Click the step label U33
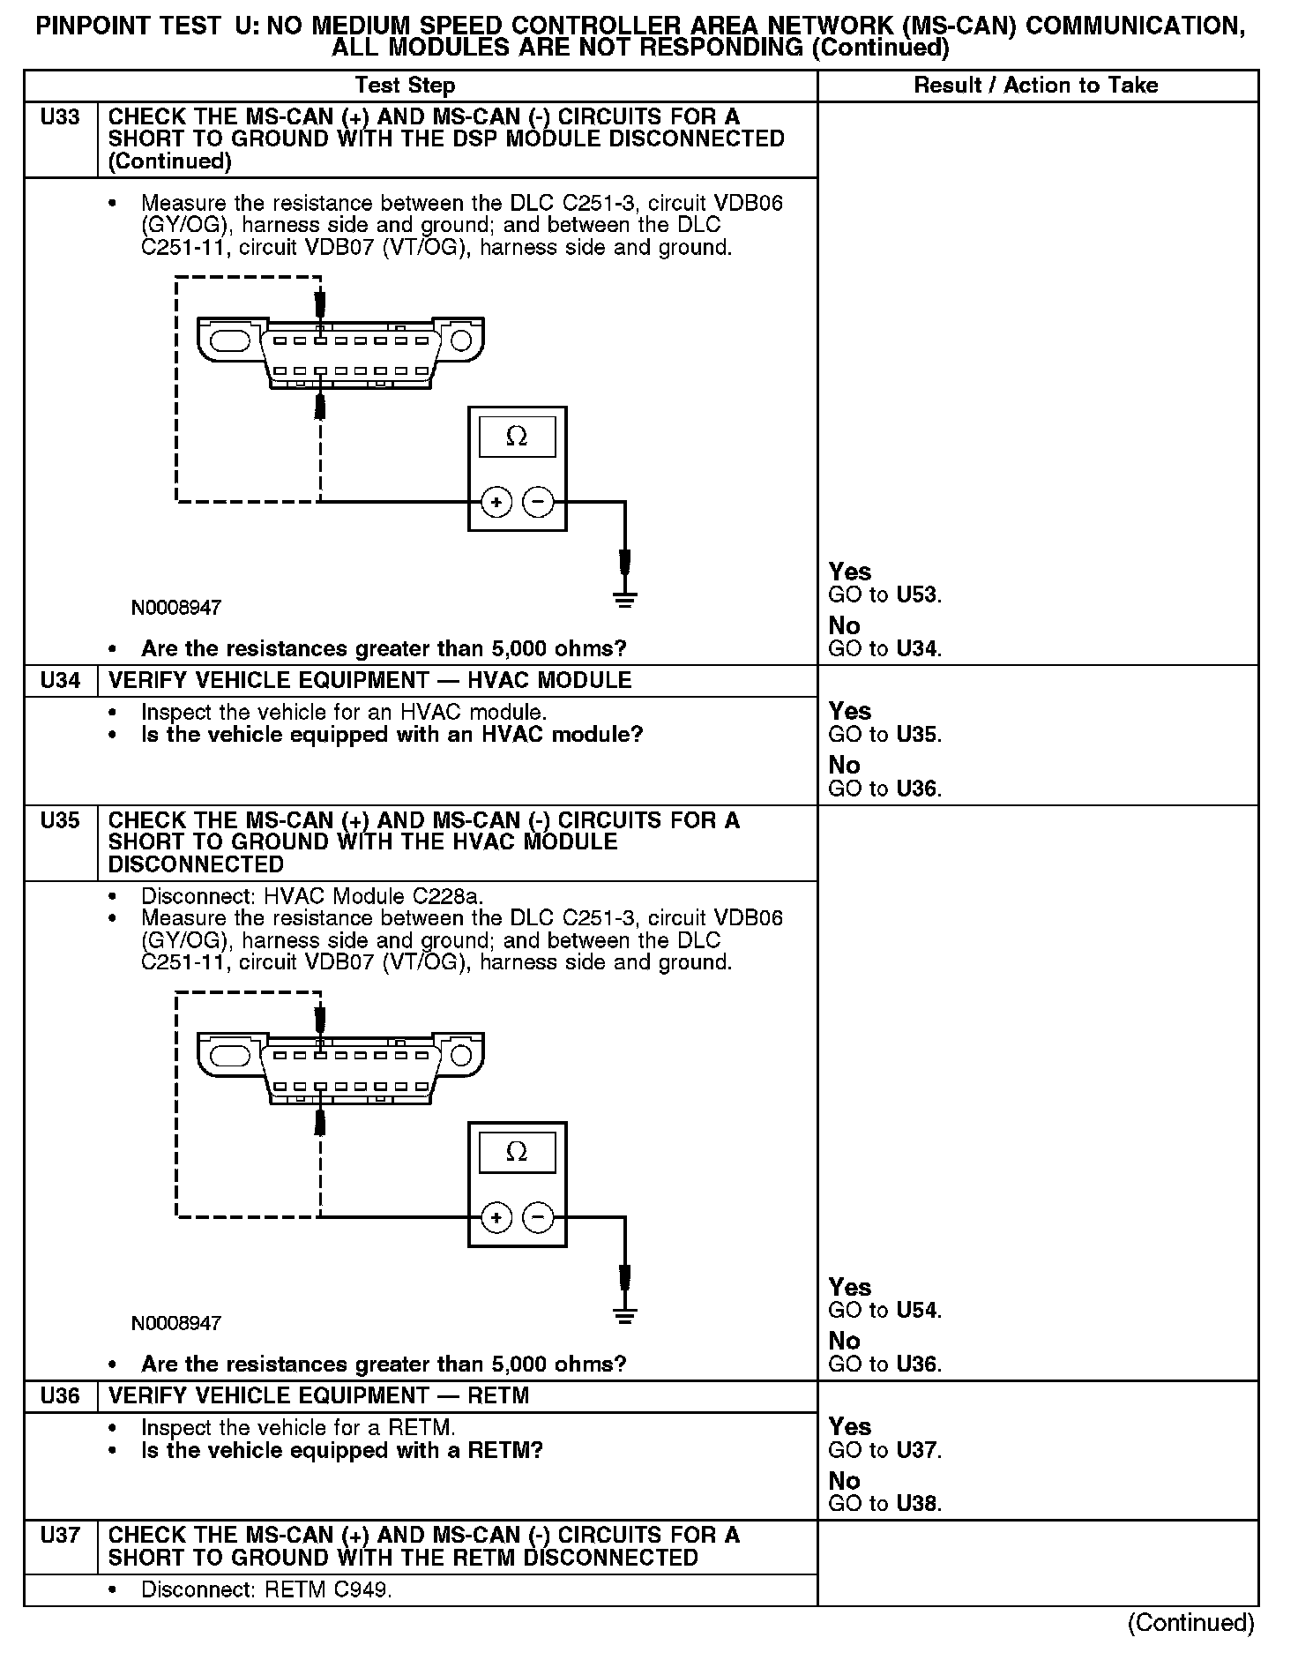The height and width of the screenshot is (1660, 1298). (x=60, y=117)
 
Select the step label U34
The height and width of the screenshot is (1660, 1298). (x=60, y=680)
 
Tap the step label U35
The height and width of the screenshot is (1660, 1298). (x=60, y=820)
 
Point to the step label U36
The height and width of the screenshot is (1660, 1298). (x=60, y=1395)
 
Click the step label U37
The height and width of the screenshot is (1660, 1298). (x=60, y=1536)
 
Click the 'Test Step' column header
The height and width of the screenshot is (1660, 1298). (x=405, y=86)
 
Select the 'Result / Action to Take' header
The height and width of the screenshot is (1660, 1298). (x=1036, y=86)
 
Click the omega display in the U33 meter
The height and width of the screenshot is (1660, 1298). (x=517, y=437)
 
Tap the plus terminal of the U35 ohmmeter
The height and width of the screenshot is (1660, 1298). (x=496, y=1218)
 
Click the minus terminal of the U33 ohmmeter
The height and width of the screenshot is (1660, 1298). (x=538, y=503)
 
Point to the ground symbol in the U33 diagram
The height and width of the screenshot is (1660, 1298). (x=624, y=600)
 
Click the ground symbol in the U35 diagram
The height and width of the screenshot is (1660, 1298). (x=624, y=1315)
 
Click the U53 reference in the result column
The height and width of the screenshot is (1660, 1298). (x=917, y=594)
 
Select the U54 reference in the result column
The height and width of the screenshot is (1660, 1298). (x=917, y=1310)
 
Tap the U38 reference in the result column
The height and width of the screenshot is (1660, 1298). (x=917, y=1504)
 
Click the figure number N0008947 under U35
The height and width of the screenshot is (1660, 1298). (x=176, y=1323)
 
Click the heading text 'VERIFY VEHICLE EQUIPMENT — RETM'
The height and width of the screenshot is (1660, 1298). (x=318, y=1395)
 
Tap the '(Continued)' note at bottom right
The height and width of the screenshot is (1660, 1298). (x=1190, y=1623)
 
